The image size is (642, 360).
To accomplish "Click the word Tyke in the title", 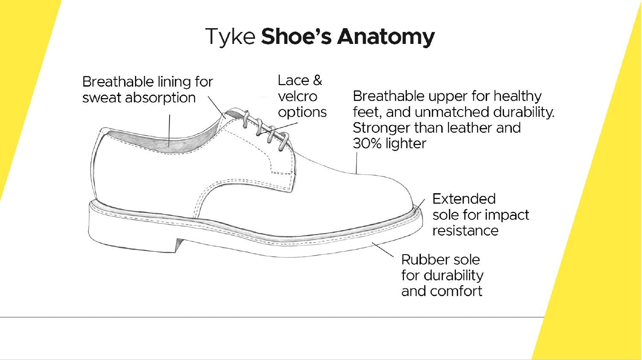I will (230, 37).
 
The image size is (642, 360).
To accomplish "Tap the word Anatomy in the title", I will (385, 37).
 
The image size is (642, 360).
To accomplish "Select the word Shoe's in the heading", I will (296, 37).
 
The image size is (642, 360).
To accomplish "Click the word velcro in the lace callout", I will (297, 96).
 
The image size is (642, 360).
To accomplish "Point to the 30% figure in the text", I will (367, 144).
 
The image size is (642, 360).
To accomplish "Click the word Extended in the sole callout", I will (464, 199).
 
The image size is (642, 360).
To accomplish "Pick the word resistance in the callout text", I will (465, 231).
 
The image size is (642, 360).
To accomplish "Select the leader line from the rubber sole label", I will (383, 250).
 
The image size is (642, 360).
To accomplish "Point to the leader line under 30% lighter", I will (356, 162).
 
